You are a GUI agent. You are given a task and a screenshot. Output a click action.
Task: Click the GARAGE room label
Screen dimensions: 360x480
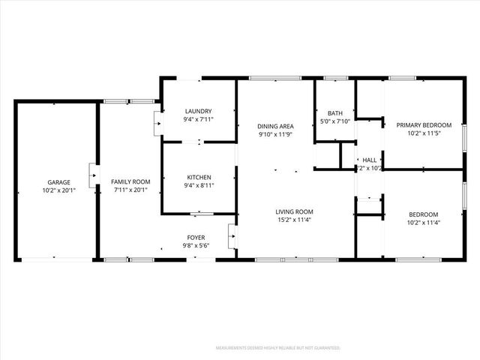[x=59, y=182]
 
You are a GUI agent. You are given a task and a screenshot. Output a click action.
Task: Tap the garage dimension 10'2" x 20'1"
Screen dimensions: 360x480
[x=59, y=190]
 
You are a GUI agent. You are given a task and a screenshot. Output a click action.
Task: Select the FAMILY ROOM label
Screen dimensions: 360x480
[x=130, y=182]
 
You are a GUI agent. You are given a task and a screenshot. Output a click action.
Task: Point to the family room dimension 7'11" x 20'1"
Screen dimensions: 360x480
[x=130, y=190]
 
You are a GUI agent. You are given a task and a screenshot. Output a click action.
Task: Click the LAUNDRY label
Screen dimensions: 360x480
[x=198, y=111]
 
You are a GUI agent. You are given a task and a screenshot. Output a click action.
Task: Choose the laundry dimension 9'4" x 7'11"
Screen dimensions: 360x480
[x=198, y=119]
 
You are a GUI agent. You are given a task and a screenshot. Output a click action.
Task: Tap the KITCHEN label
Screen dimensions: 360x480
[x=198, y=177]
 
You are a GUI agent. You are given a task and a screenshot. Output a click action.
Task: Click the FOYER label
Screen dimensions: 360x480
[x=195, y=237]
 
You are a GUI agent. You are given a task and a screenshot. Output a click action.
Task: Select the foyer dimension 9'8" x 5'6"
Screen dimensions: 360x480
[x=195, y=245]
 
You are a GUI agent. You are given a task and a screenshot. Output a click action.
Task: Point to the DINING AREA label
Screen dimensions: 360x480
[x=275, y=126]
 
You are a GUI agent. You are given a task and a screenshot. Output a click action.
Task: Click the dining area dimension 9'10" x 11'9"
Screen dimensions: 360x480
[x=275, y=134]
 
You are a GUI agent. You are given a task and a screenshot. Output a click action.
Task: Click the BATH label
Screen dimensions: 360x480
[x=334, y=113]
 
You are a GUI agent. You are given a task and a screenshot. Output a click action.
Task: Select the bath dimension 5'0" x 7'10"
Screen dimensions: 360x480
[x=334, y=121]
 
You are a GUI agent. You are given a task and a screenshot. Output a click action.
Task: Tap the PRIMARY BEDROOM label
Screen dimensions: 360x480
[x=424, y=125]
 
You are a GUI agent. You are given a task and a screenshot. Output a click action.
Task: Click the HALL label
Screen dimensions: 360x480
[x=370, y=160]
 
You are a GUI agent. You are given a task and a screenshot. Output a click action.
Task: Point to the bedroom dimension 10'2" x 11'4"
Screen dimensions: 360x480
[x=424, y=222]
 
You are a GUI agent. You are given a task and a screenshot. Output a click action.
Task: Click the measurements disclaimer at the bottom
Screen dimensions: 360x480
[x=277, y=348]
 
